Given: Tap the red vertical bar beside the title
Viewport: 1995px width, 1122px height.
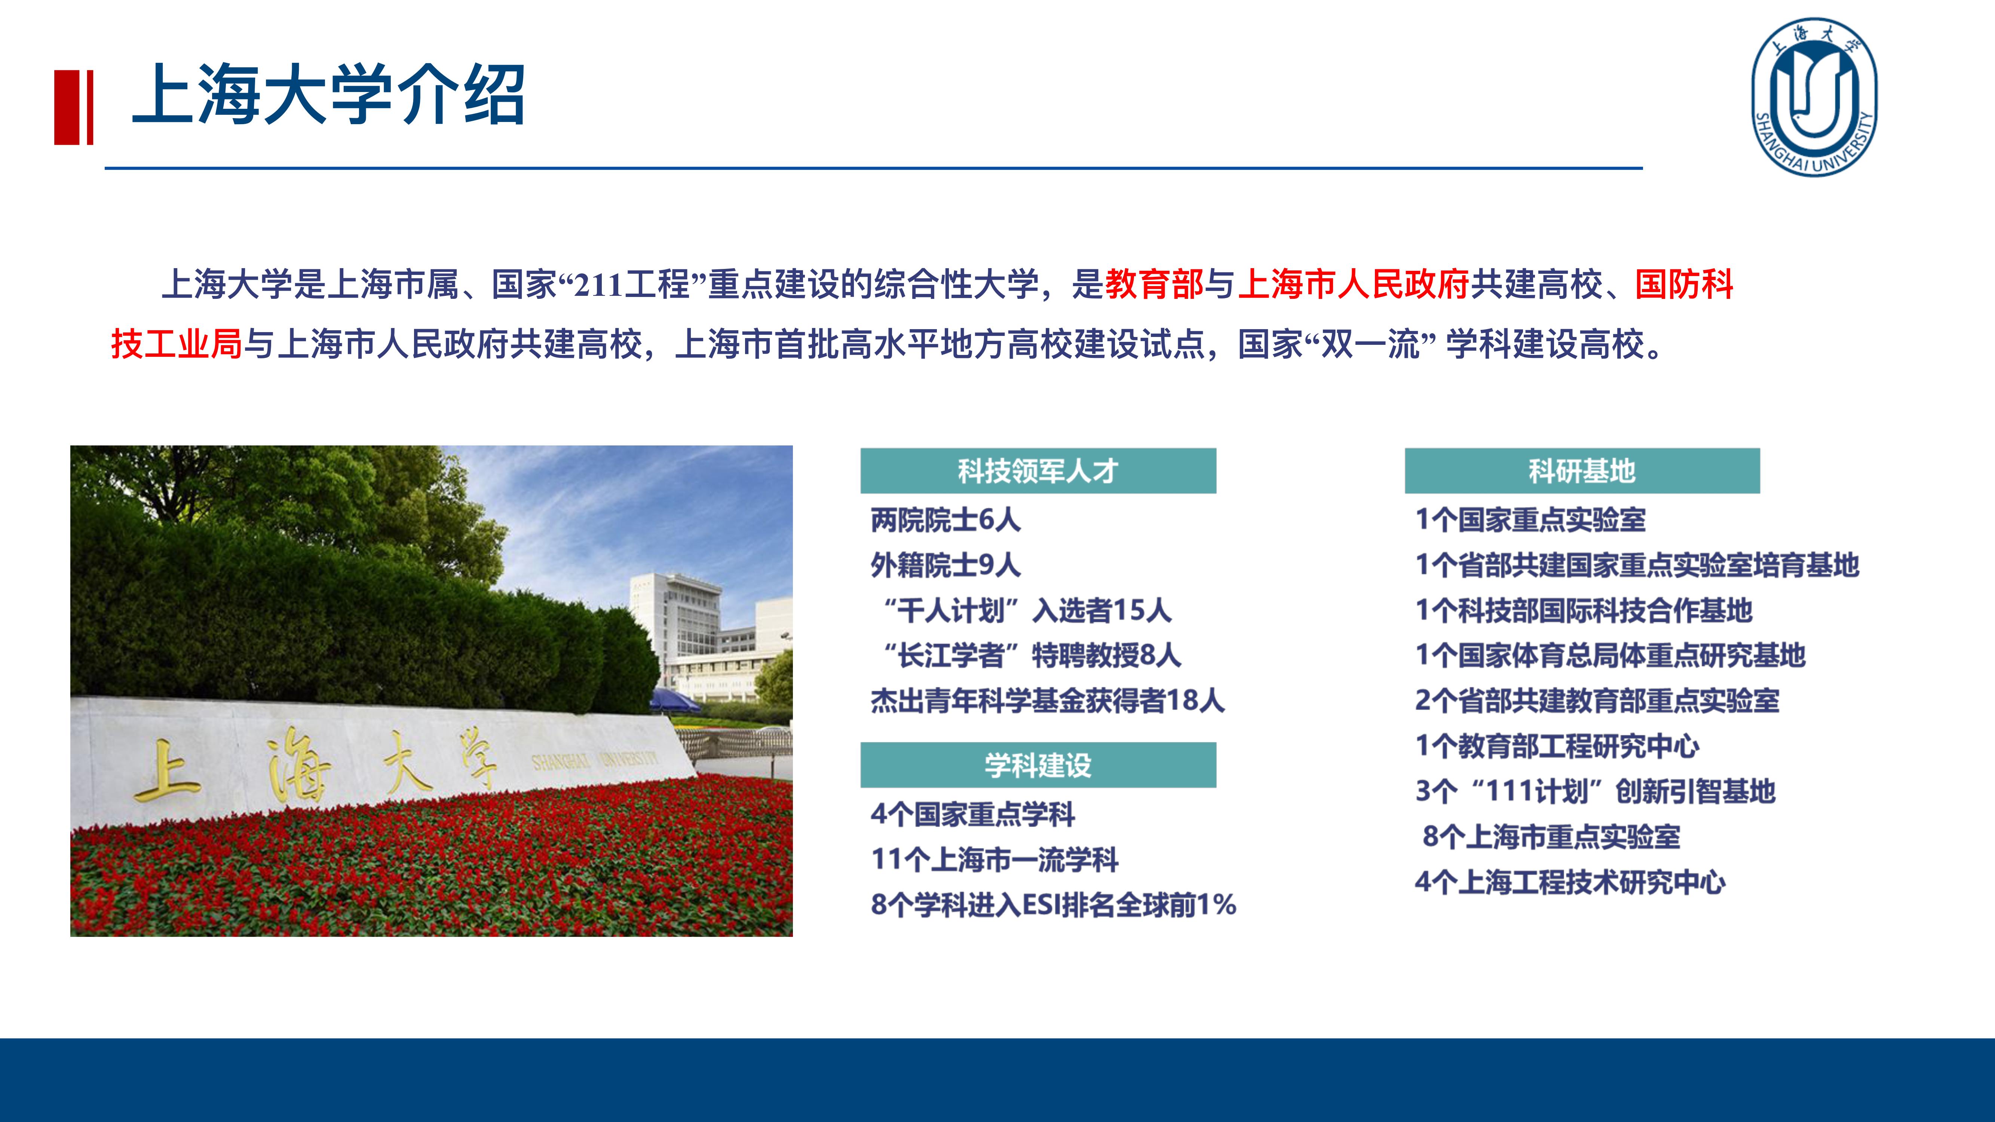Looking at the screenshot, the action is click(x=74, y=107).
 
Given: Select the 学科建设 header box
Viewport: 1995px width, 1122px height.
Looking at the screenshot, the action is click(x=1038, y=765).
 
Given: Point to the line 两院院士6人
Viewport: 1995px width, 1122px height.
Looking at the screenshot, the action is click(x=946, y=519).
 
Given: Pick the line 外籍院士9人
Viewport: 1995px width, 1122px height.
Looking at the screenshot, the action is click(x=946, y=565).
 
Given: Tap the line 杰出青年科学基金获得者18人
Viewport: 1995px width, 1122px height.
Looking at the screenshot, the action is click(x=1047, y=701).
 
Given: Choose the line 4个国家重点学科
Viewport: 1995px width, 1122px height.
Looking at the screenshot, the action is click(x=973, y=814).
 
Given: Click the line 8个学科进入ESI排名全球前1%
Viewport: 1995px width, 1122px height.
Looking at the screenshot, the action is click(x=1053, y=904).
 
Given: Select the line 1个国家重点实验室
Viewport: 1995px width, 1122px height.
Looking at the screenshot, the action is click(x=1530, y=519).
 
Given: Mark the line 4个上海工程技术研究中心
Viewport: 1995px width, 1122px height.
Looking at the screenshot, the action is click(x=1570, y=882).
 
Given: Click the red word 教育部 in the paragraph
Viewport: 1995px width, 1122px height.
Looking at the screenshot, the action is click(x=1154, y=284).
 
